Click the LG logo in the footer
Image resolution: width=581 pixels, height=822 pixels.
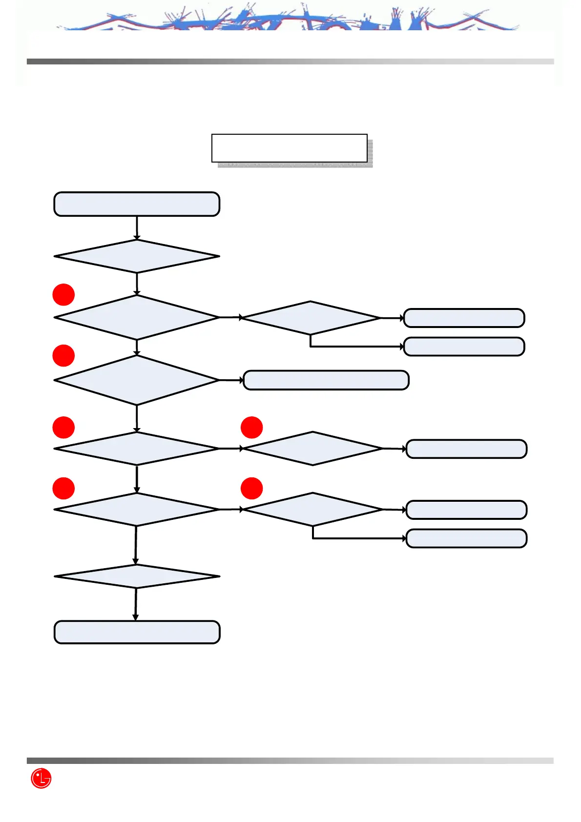coord(41,778)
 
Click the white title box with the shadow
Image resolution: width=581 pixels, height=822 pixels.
coord(289,148)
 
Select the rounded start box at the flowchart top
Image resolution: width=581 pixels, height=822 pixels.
coord(137,204)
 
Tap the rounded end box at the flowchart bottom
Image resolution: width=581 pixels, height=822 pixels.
coord(137,632)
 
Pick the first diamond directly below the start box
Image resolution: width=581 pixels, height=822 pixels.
coord(137,256)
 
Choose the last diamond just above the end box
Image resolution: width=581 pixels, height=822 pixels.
coord(137,576)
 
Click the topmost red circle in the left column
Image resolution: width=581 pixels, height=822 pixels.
coord(63,294)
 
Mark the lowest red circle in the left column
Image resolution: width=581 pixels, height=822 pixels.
coord(63,488)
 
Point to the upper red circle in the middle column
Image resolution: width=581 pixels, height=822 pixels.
coord(251,427)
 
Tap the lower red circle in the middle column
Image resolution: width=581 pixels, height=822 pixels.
coord(251,488)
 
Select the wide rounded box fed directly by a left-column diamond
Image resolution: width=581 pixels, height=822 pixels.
coord(326,380)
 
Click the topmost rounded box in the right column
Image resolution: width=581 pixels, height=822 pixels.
coord(464,318)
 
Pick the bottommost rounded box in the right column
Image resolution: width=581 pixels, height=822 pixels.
coord(466,538)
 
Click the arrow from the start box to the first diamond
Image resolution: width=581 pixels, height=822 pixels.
coord(137,228)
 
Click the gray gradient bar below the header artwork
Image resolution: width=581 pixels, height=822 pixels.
coord(290,62)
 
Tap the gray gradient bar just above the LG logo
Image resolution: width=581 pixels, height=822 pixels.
coord(290,760)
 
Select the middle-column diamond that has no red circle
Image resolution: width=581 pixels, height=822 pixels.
coord(311,318)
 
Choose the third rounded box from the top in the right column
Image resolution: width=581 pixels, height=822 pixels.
coord(466,449)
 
